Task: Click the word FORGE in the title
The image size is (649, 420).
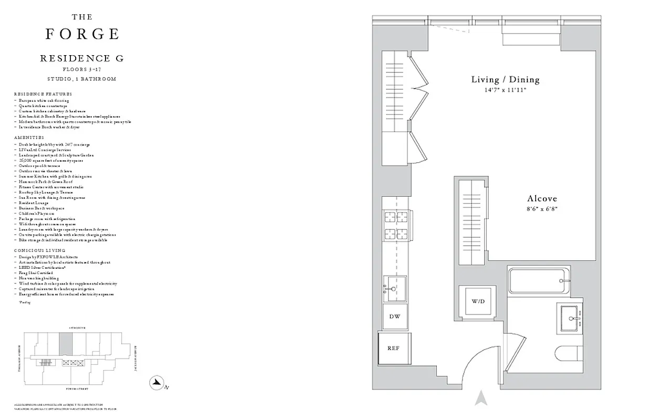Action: coord(82,34)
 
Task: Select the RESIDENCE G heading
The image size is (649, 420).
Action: coord(82,58)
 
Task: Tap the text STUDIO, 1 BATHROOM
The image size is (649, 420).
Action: coord(82,79)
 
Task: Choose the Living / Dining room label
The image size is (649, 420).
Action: coord(505,80)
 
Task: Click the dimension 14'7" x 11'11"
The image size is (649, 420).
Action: coord(505,90)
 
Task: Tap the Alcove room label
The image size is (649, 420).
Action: coord(541,199)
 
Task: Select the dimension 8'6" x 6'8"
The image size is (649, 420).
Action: coord(541,208)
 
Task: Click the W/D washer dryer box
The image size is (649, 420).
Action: coord(477,301)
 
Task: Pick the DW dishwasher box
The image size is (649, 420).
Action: coord(395,317)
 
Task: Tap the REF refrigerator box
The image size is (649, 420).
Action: coord(394,348)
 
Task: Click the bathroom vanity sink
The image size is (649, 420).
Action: coord(571,317)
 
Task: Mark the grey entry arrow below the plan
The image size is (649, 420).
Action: coord(480,398)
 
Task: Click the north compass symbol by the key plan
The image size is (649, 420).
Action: coord(156,383)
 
